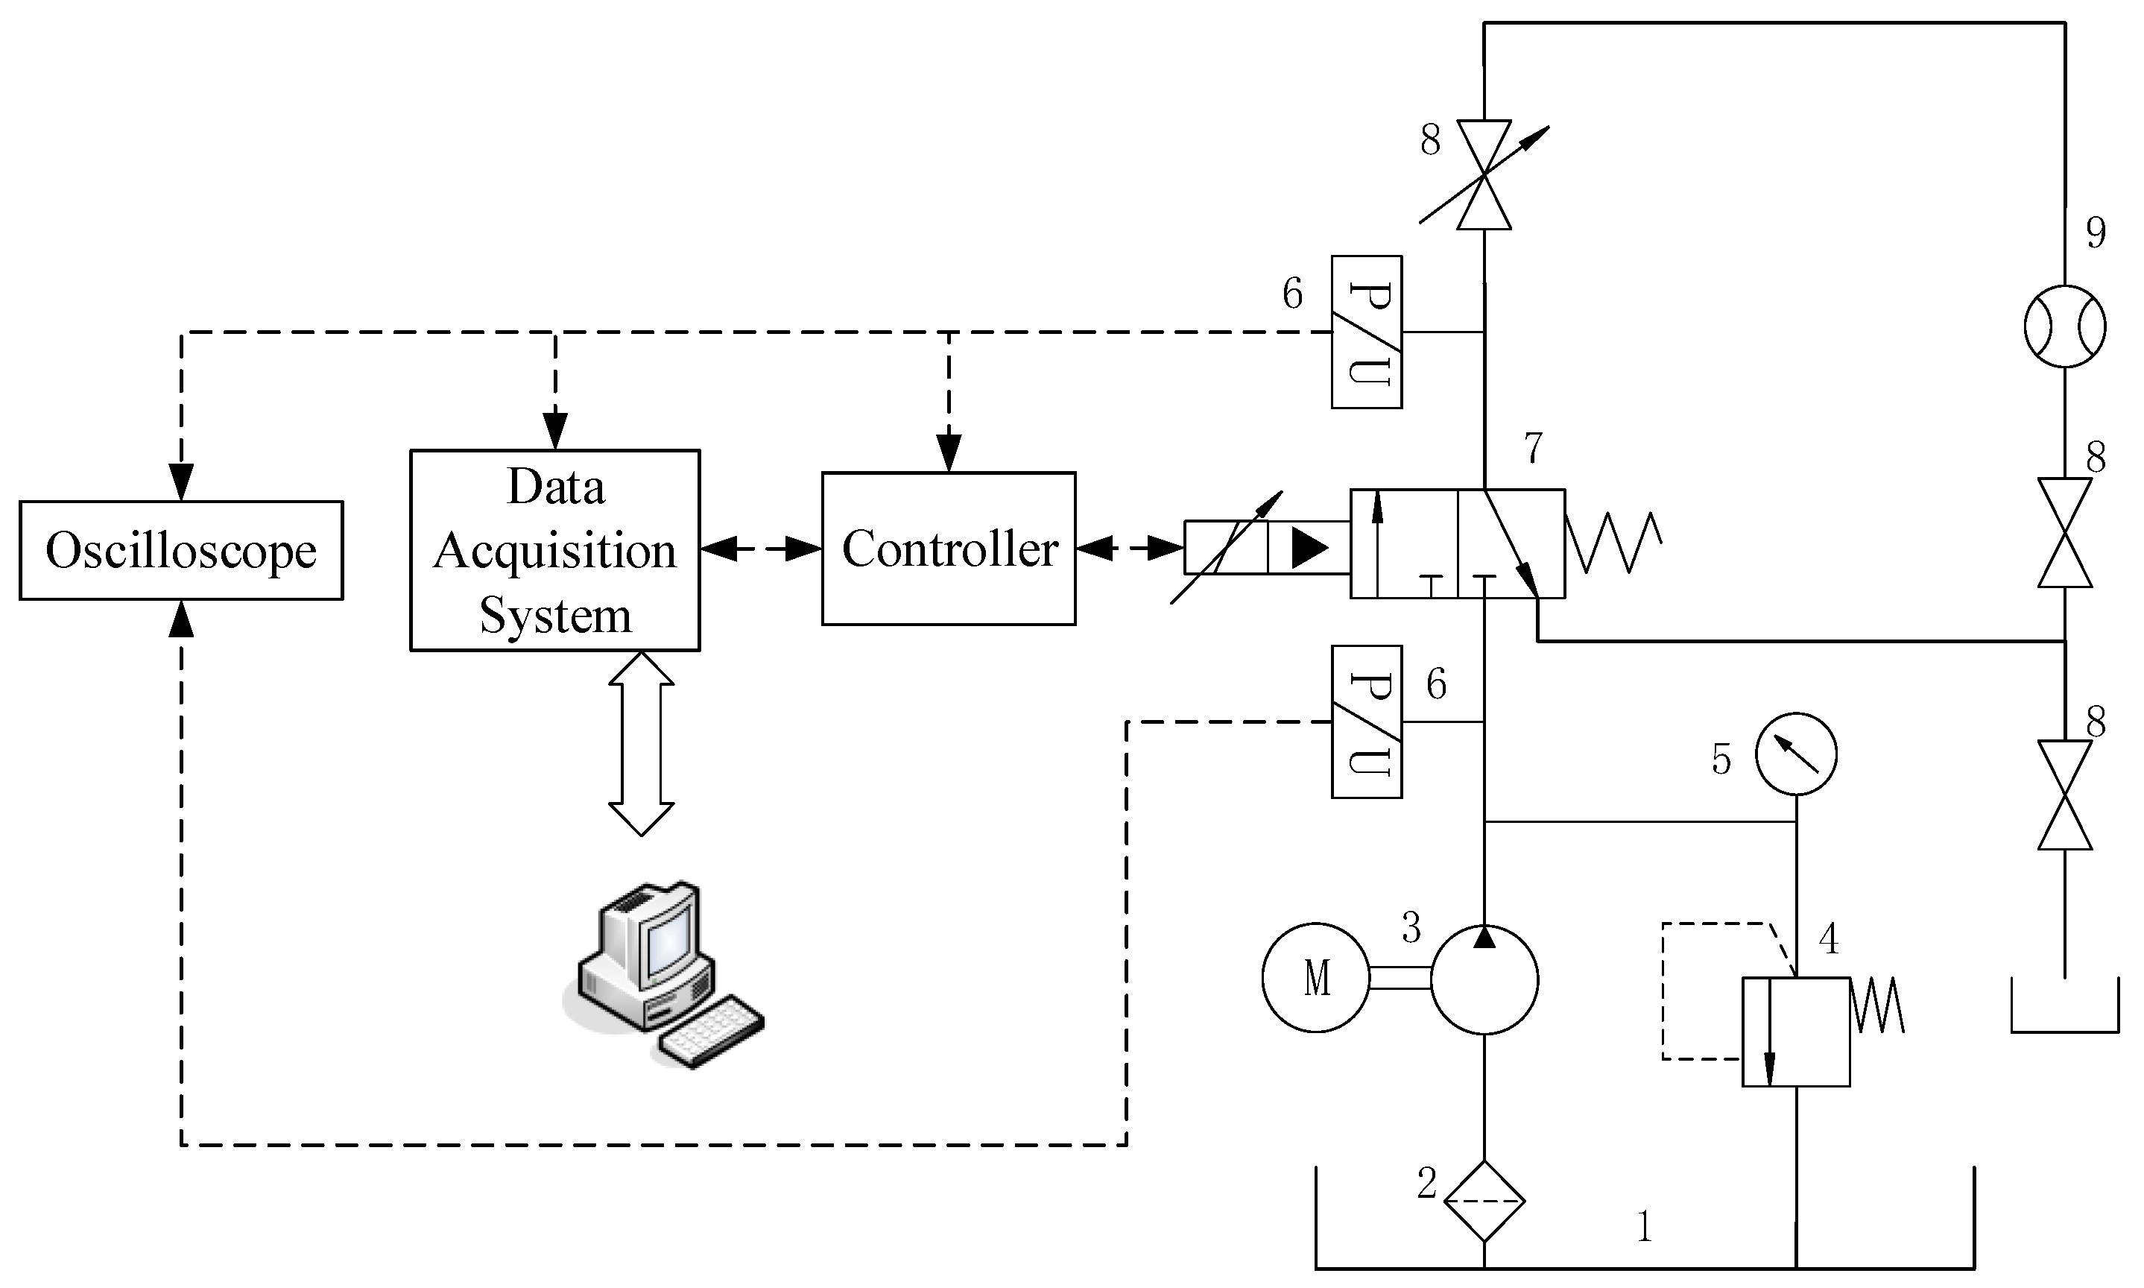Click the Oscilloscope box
tap(180, 550)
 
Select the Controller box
tap(949, 549)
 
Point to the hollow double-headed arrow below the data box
tap(641, 744)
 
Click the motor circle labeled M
tap(1315, 977)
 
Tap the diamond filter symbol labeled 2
tap(1484, 1202)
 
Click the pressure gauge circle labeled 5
tap(1795, 754)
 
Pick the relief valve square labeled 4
tap(1796, 1032)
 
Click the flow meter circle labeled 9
tap(2064, 326)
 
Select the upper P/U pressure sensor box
tap(1367, 332)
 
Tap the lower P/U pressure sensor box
tap(1367, 722)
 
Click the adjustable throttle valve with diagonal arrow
tap(1484, 174)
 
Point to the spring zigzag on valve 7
tap(1614, 543)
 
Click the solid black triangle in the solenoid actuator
tap(1309, 548)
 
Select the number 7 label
tap(1533, 448)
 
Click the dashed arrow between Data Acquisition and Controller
tap(761, 549)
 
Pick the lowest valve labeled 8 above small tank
tap(2064, 795)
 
